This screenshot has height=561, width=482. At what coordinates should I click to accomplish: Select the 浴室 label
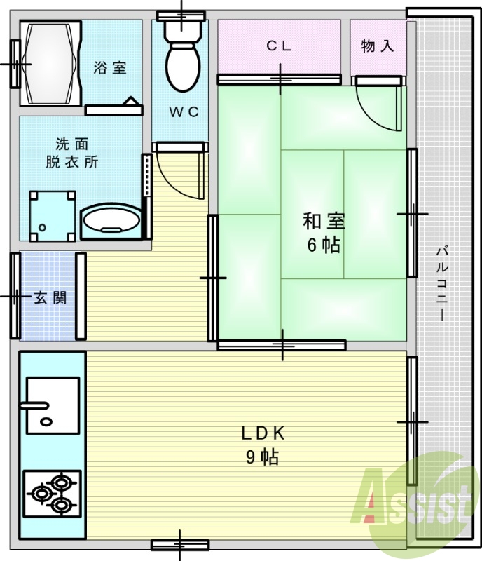111,68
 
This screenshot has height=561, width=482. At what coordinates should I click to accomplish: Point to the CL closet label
278,46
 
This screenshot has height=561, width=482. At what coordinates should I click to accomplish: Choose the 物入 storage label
378,46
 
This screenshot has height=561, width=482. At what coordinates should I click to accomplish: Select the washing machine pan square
53,215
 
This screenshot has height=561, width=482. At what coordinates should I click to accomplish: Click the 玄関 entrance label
50,297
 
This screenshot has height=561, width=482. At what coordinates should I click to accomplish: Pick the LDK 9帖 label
262,445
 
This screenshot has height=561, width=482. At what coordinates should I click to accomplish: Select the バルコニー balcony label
441,283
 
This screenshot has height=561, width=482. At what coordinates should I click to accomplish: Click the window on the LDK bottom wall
180,544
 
